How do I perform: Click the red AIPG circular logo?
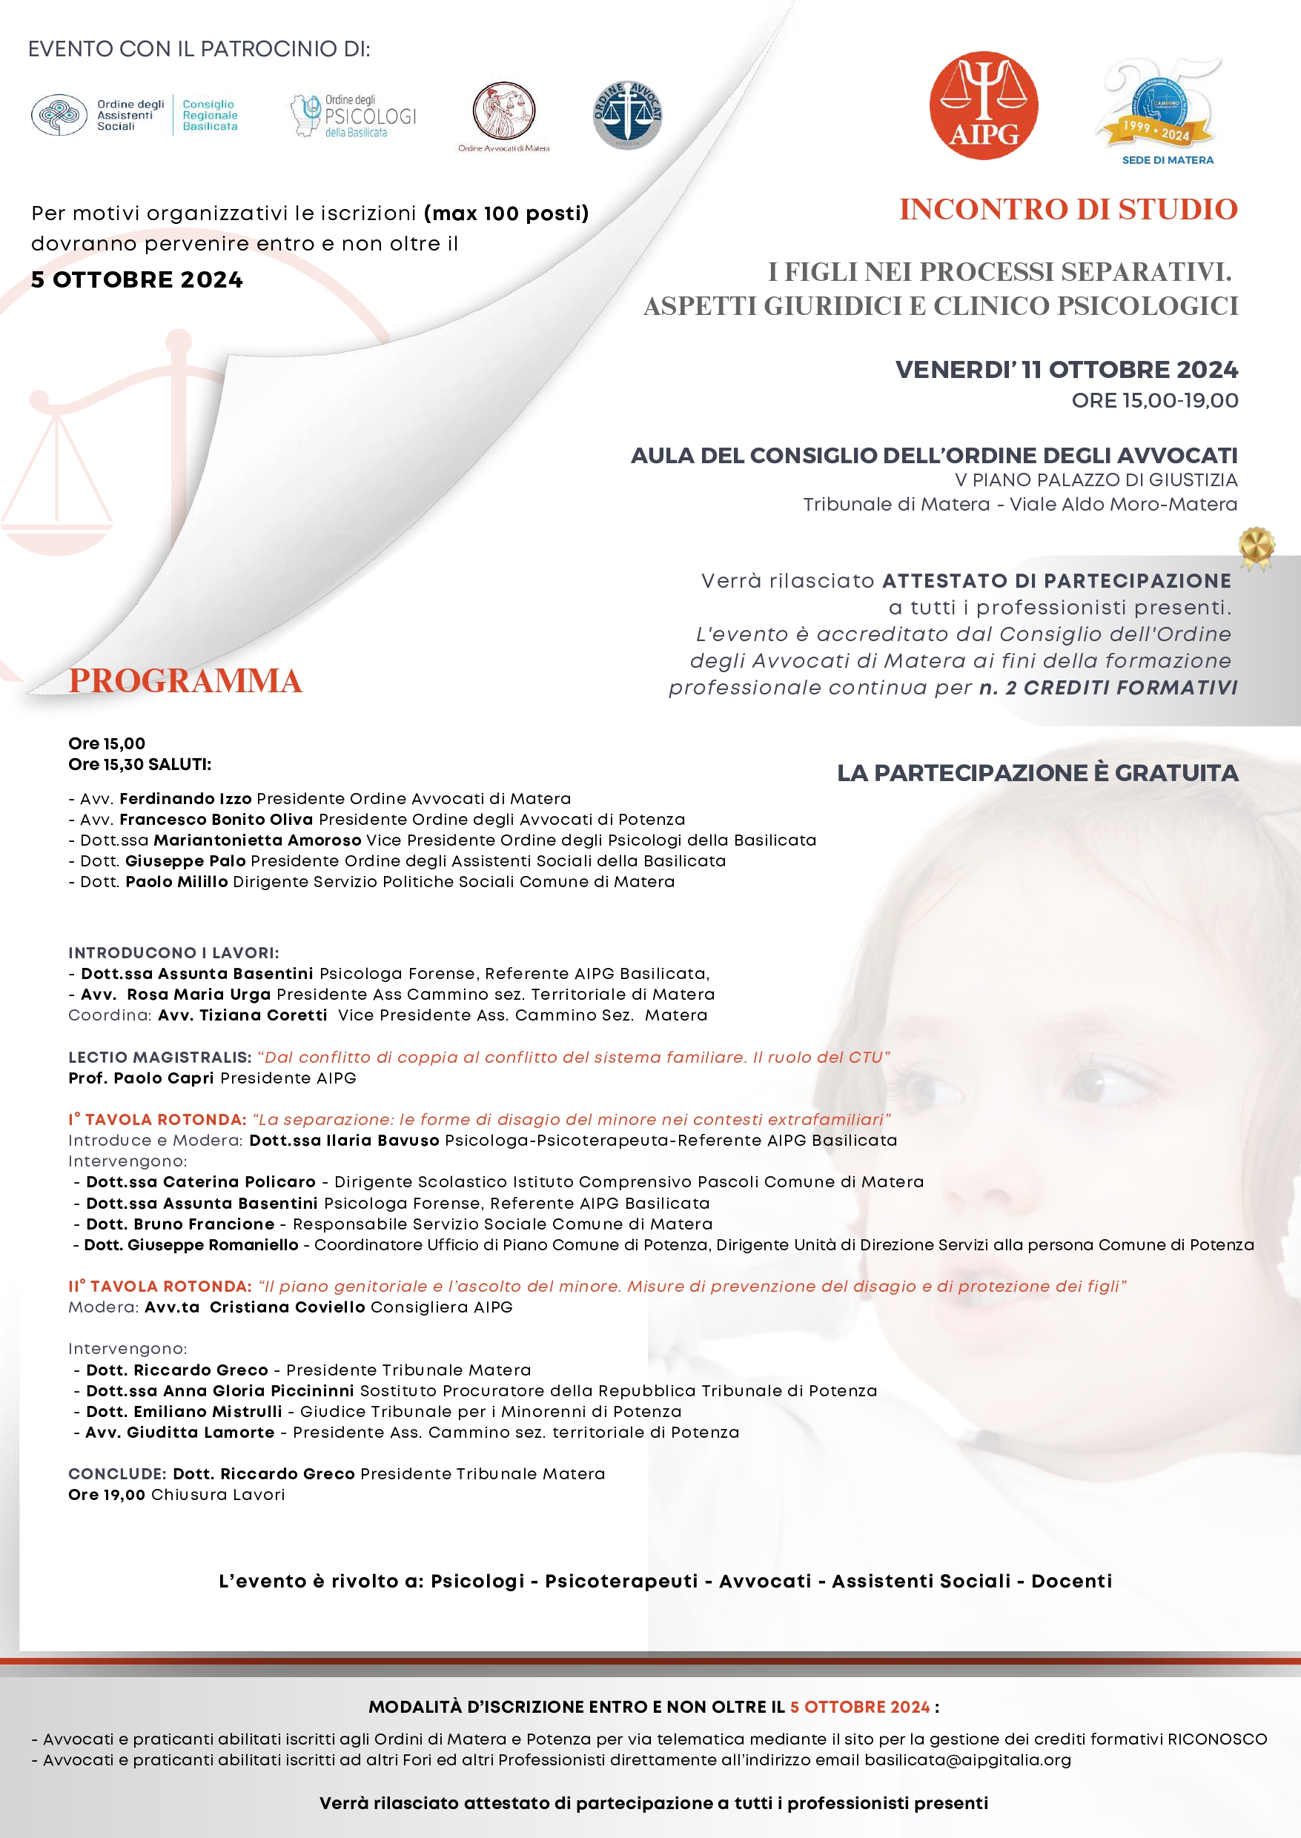click(983, 106)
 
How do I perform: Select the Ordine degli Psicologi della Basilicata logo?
click(354, 116)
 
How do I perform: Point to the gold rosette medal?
click(1255, 547)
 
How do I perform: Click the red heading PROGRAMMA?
click(185, 681)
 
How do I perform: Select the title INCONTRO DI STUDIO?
click(1068, 210)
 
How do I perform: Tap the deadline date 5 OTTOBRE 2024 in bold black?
click(137, 279)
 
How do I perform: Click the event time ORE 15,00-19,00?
click(1154, 400)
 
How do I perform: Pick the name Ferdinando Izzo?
click(186, 798)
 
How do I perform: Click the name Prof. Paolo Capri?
click(142, 1078)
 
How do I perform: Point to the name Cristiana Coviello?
click(287, 1307)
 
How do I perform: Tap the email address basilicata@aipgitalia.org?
click(967, 1759)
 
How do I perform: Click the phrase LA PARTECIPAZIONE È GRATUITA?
click(1037, 773)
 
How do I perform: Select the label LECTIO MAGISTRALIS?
click(160, 1057)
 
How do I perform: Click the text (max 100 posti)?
click(506, 213)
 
